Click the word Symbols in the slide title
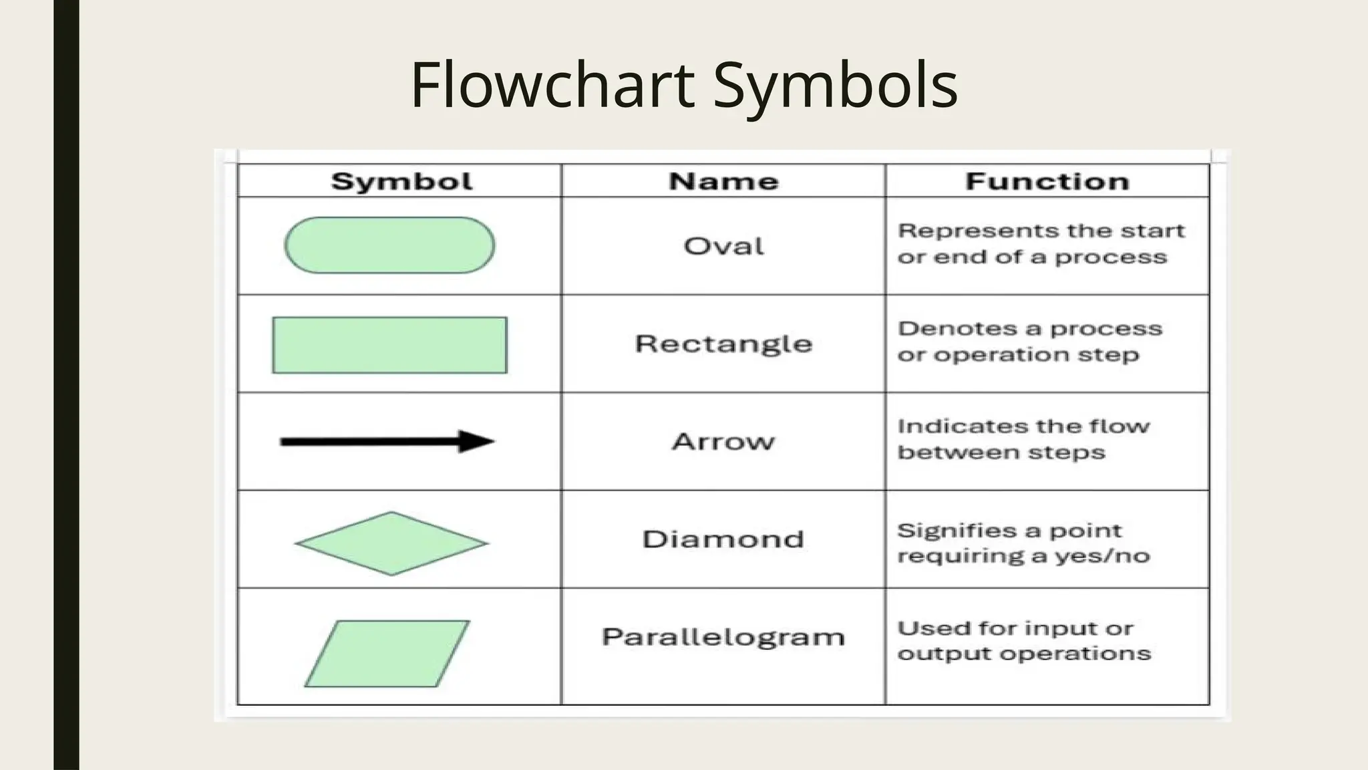836,86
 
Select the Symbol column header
401,181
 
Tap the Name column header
723,181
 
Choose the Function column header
1047,181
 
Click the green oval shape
389,245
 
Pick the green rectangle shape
389,345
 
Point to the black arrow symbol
387,441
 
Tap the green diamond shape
391,543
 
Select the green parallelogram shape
387,654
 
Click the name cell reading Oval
723,247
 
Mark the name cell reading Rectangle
723,344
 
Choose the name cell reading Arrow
723,442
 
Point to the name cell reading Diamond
723,539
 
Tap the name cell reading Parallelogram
723,637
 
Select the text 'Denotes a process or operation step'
1029,342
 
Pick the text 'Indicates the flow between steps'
1023,439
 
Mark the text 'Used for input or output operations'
1023,641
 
